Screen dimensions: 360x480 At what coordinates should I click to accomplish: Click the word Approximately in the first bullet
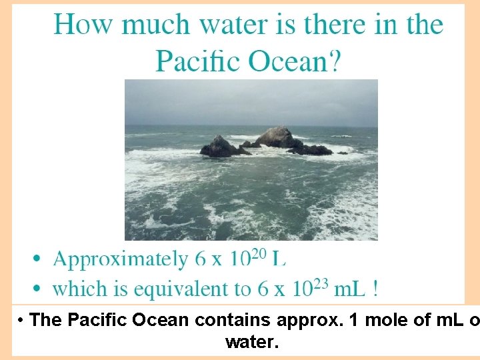click(120, 259)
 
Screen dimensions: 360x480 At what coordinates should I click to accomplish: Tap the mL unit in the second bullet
click(349, 289)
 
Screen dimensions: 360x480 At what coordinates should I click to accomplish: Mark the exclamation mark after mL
click(376, 289)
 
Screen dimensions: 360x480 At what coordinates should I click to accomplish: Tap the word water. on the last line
click(251, 343)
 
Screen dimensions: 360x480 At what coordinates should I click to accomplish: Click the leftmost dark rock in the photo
click(218, 147)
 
